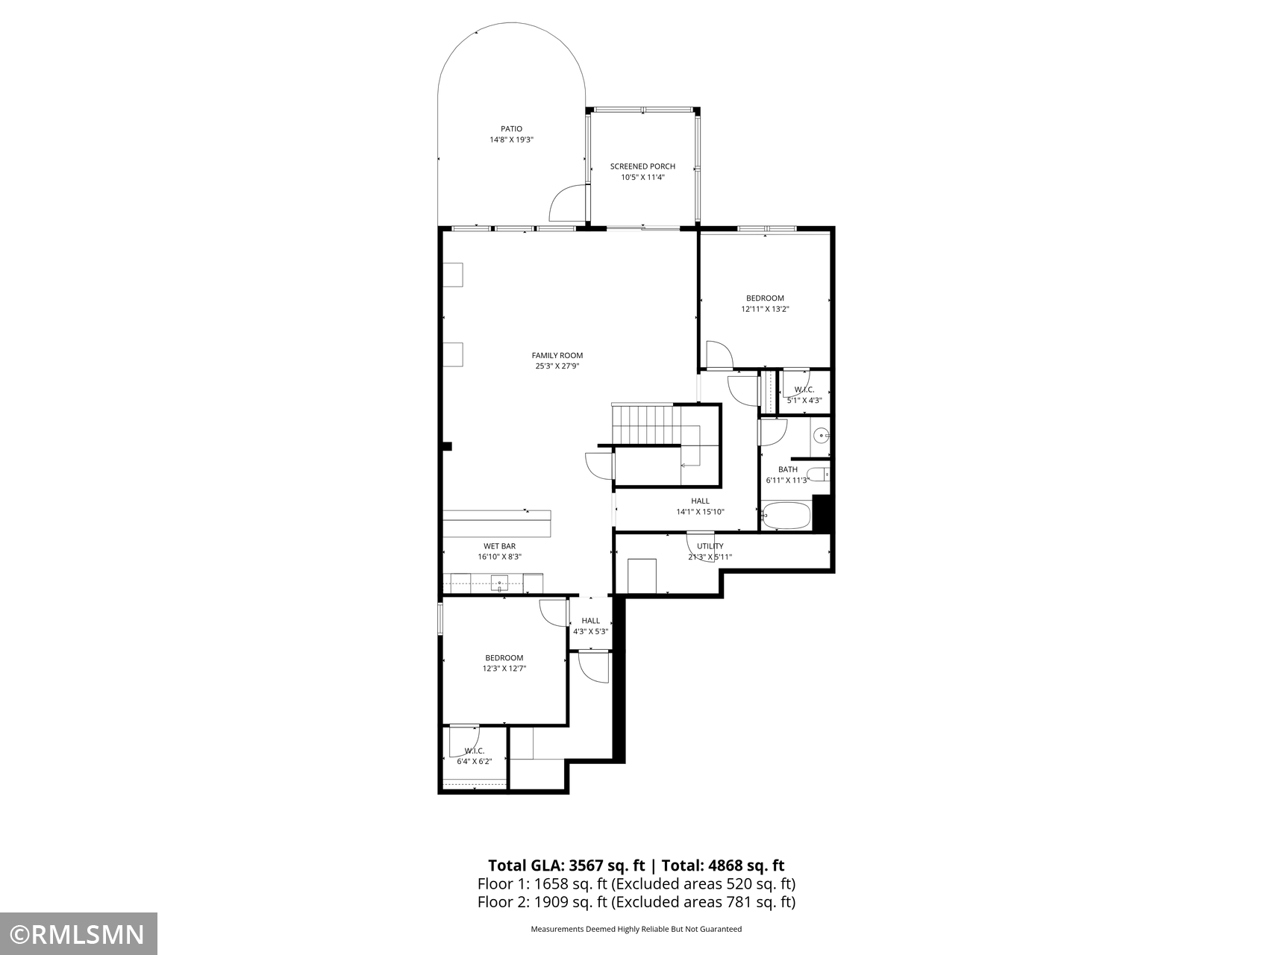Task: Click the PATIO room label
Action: point(511,129)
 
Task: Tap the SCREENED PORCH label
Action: point(642,166)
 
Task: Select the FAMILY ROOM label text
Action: point(557,356)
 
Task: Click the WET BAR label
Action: point(499,546)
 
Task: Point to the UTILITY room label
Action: point(710,546)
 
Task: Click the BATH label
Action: point(788,469)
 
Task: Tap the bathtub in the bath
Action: point(786,516)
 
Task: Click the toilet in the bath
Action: point(819,474)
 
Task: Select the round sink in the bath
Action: point(822,434)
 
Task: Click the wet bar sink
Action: point(500,583)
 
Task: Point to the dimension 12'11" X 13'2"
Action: point(765,309)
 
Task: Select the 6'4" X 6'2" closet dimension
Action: point(475,762)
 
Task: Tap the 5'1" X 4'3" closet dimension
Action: point(804,400)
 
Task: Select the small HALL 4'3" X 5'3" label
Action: point(591,626)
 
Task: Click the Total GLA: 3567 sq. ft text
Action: point(566,865)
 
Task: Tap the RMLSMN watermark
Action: point(78,934)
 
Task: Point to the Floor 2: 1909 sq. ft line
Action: point(636,902)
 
